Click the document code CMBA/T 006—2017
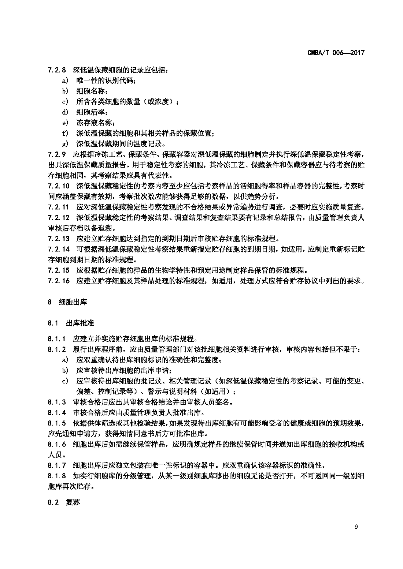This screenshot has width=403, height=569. point(336,53)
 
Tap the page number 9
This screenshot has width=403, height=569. point(356,527)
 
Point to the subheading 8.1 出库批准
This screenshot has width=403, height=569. point(70,323)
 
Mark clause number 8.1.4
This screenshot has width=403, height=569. point(57,412)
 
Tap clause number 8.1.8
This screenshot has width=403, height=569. point(57,476)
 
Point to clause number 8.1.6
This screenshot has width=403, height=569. point(57,444)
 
